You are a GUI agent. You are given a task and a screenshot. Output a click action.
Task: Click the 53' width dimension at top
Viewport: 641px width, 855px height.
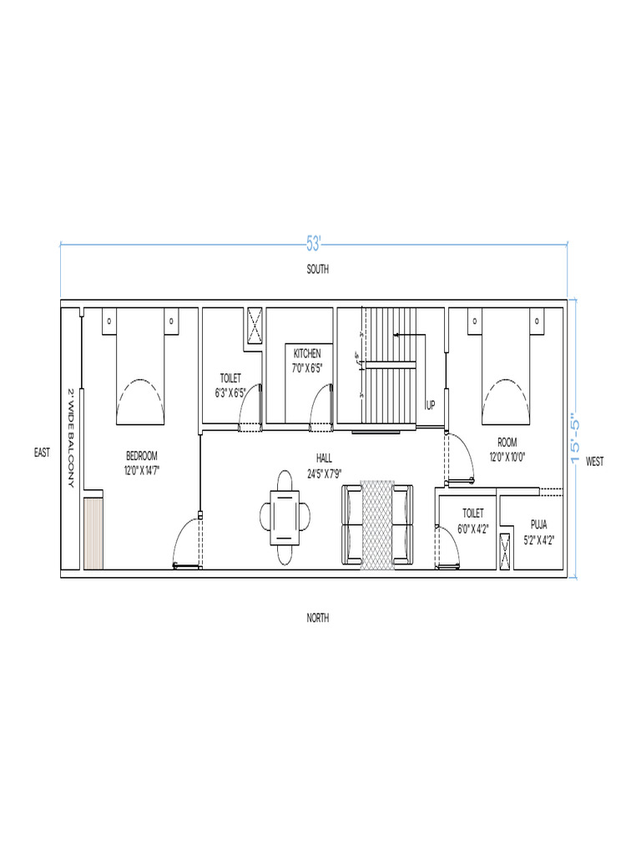point(314,244)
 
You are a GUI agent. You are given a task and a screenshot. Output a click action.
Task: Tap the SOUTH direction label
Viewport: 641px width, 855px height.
point(317,270)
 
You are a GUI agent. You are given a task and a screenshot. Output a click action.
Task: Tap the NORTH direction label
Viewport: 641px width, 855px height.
point(317,618)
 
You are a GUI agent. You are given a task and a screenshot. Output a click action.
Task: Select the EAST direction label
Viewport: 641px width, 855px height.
point(42,453)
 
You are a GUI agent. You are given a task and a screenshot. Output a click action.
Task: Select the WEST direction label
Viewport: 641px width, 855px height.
point(595,461)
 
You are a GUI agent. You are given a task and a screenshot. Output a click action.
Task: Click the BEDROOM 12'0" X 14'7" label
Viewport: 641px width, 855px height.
point(142,463)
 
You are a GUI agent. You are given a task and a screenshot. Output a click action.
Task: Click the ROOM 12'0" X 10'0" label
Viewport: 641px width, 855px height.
point(507,449)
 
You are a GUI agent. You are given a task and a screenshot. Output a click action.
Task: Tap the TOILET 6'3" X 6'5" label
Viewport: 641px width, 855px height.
point(230,384)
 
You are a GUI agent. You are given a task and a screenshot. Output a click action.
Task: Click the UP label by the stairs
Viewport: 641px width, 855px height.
point(431,405)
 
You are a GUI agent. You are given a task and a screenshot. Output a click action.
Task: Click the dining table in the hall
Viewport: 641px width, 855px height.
point(285,519)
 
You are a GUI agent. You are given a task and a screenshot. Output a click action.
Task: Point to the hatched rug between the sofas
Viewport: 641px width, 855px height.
point(376,526)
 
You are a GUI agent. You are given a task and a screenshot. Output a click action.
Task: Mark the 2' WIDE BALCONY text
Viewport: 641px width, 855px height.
point(71,438)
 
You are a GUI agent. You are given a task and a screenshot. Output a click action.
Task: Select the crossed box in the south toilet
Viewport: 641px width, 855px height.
point(255,325)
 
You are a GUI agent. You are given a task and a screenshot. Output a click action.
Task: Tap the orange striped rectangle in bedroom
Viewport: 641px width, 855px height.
point(93,534)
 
